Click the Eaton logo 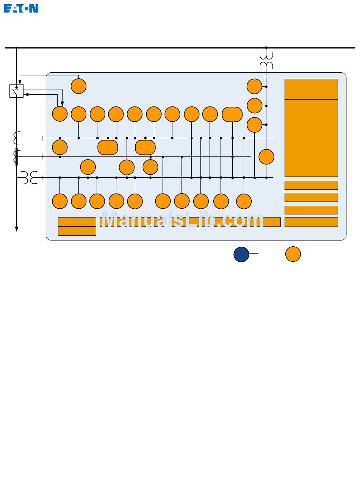point(21,8)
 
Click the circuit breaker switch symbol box point(16,91)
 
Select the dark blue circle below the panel point(241,254)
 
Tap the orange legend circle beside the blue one point(293,254)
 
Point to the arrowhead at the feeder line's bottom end point(17,228)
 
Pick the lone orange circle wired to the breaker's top point(78,86)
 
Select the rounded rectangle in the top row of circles point(232,114)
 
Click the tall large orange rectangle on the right point(311,138)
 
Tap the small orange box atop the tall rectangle point(311,89)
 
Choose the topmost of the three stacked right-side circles point(254,86)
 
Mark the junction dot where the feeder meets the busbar point(17,48)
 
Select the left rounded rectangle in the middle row point(108,147)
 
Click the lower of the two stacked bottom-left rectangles point(77,231)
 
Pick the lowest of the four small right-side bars point(311,222)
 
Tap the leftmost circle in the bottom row point(59,201)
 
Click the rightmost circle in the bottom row point(244,201)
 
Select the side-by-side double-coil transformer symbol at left point(29,177)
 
